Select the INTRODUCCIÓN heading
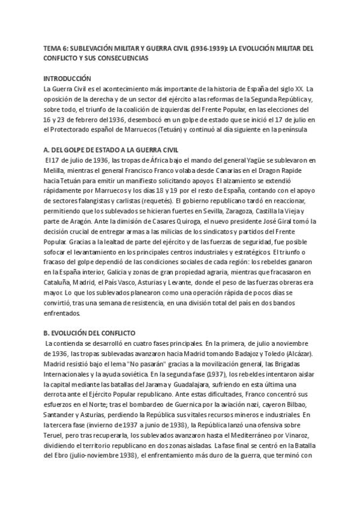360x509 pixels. coord(67,78)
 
